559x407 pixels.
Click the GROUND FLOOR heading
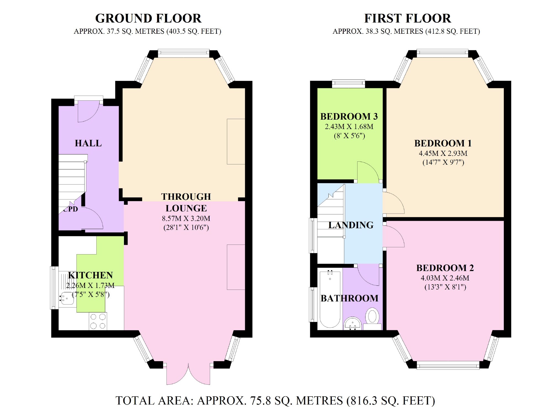point(148,19)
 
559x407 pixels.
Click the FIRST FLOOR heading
point(407,19)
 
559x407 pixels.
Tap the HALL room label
point(88,143)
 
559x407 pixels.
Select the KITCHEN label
point(91,275)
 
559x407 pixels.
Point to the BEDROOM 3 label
point(349,116)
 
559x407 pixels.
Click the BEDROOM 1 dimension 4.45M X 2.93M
point(443,153)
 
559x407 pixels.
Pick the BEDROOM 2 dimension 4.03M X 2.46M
point(445,278)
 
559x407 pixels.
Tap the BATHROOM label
point(349,298)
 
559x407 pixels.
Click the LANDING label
point(351,225)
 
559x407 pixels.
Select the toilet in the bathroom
point(372,319)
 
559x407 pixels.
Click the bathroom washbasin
point(353,323)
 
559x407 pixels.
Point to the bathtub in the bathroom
point(330,299)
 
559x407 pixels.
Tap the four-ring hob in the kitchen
point(98,321)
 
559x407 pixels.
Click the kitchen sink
point(66,298)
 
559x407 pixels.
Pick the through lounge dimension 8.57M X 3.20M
point(186,219)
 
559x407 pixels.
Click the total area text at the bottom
point(275,400)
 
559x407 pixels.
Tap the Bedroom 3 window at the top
point(348,84)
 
